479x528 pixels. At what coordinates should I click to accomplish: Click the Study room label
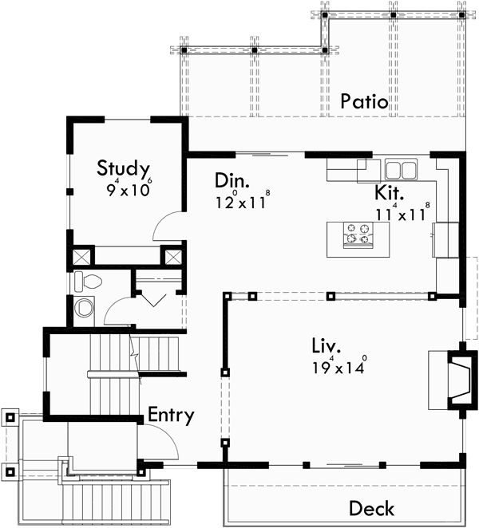(x=124, y=168)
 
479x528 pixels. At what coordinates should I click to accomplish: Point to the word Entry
(x=171, y=416)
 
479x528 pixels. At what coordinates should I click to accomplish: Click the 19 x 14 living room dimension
(x=338, y=368)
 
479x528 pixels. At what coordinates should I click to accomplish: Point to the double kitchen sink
(x=401, y=170)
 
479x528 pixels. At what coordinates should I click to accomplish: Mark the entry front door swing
(x=156, y=441)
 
